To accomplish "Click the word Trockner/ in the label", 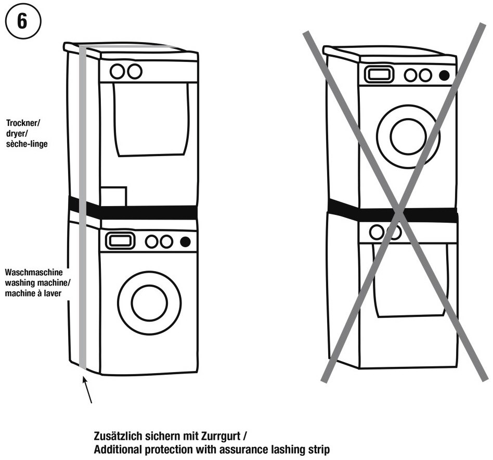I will (x=23, y=123).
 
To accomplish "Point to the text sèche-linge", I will (x=27, y=144).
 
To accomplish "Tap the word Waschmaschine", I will (x=33, y=272).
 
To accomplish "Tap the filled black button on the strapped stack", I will (x=185, y=241).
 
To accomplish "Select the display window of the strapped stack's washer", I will (x=120, y=241).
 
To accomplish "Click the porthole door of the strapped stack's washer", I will (x=149, y=302).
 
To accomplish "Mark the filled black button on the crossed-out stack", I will (x=444, y=75).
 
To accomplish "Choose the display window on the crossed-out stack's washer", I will (x=379, y=74).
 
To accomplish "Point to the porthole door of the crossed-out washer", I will (x=408, y=136).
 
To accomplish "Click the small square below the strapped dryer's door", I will (x=114, y=196).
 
